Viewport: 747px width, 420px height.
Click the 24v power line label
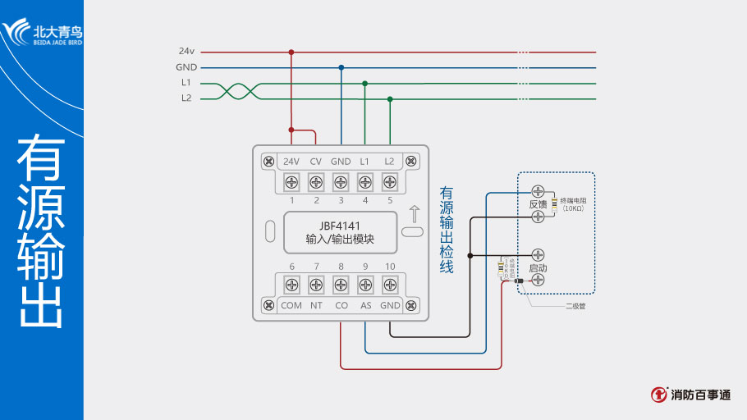point(186,51)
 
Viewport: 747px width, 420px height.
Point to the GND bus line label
point(186,67)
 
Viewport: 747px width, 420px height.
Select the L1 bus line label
point(186,83)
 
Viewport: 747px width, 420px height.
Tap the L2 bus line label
point(186,98)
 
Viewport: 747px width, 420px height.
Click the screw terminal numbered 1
point(291,180)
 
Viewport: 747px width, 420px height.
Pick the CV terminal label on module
point(316,161)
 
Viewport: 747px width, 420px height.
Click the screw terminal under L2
point(390,180)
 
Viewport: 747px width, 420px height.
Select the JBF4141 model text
point(340,226)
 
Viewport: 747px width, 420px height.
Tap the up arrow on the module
point(415,216)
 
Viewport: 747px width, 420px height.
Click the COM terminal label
point(291,305)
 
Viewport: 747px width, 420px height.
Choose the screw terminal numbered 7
point(316,285)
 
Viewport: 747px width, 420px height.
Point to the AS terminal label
point(365,305)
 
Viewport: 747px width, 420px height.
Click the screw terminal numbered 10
point(390,285)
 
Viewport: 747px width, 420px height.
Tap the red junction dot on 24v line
point(291,52)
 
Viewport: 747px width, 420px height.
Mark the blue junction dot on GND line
point(341,67)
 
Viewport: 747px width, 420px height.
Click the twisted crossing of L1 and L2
point(233,90)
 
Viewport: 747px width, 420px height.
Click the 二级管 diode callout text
point(575,306)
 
